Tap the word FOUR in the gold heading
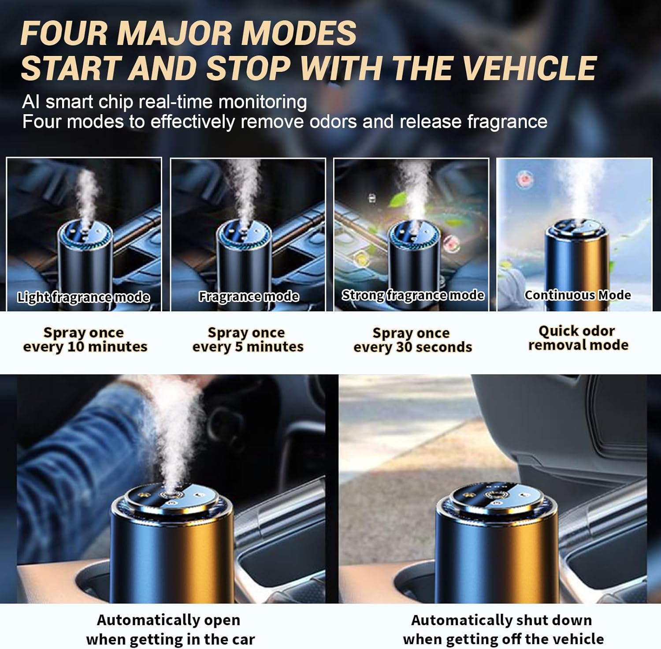pyautogui.click(x=63, y=33)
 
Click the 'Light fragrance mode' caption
pyautogui.click(x=84, y=297)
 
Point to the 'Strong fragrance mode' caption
pyautogui.click(x=413, y=295)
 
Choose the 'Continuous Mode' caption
pyautogui.click(x=577, y=295)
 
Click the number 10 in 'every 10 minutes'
pyautogui.click(x=75, y=347)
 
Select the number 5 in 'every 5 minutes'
pyautogui.click(x=238, y=347)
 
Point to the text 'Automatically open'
pyautogui.click(x=168, y=620)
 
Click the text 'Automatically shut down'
pyautogui.click(x=501, y=620)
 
